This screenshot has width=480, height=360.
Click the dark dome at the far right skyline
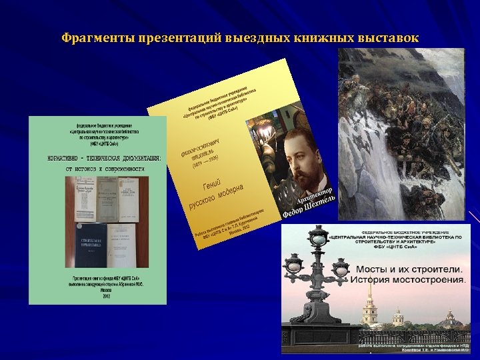(453, 319)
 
